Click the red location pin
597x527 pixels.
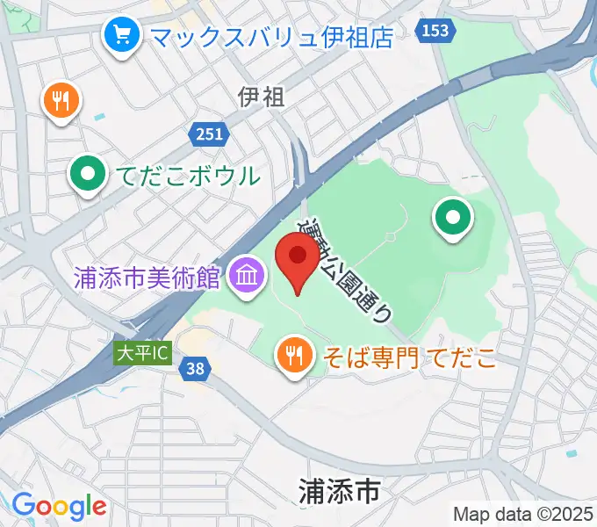tap(298, 257)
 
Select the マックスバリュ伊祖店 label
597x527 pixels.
tap(270, 36)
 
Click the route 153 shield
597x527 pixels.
tap(435, 31)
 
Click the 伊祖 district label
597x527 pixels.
tap(261, 97)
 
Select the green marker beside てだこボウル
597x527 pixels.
tap(87, 174)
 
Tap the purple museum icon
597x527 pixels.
tap(247, 277)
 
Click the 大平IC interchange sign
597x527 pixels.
tap(141, 353)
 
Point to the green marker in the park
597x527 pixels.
tap(453, 218)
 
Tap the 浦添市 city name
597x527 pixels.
tap(339, 492)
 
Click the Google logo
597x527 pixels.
tap(59, 506)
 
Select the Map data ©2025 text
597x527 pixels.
tap(523, 514)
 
